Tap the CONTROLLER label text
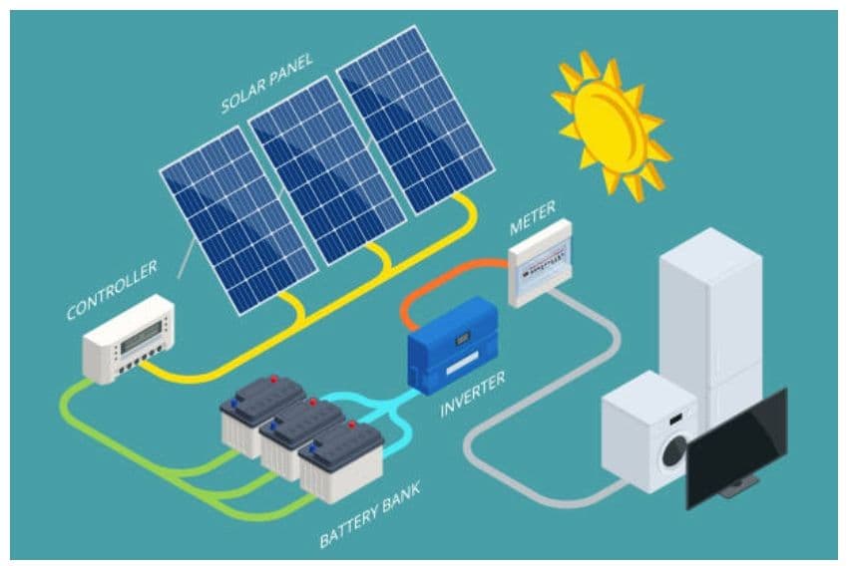[112, 290]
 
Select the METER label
[533, 217]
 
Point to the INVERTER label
[472, 394]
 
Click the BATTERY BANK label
[370, 514]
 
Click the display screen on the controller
[140, 333]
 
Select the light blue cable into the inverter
[379, 404]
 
